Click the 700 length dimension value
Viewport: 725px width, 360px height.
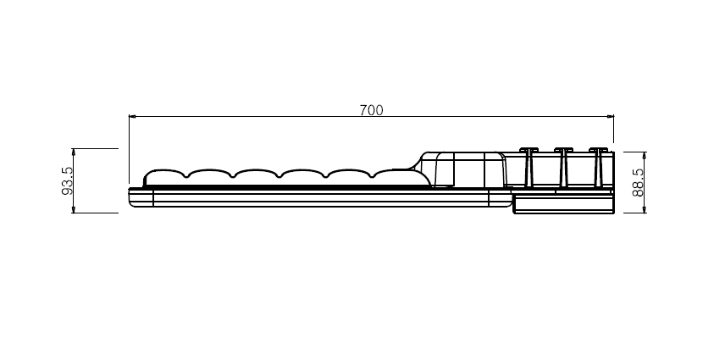tap(371, 110)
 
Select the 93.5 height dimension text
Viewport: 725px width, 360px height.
tap(67, 180)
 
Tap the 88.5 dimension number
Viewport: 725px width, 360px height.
tap(638, 183)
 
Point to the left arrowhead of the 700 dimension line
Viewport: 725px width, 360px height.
tap(132, 116)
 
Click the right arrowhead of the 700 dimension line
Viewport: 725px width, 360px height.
tap(611, 116)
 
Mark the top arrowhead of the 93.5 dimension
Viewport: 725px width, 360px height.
tap(73, 152)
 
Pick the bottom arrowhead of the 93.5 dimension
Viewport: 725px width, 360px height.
tap(73, 210)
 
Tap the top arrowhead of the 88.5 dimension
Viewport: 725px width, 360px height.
tap(645, 155)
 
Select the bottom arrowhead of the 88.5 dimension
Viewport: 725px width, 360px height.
tap(645, 210)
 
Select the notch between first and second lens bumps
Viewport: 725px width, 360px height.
tap(187, 175)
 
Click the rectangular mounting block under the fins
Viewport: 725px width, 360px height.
tap(564, 204)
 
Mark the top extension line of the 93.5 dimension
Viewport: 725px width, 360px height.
tap(95, 149)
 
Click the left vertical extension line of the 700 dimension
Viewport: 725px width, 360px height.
tap(129, 149)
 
